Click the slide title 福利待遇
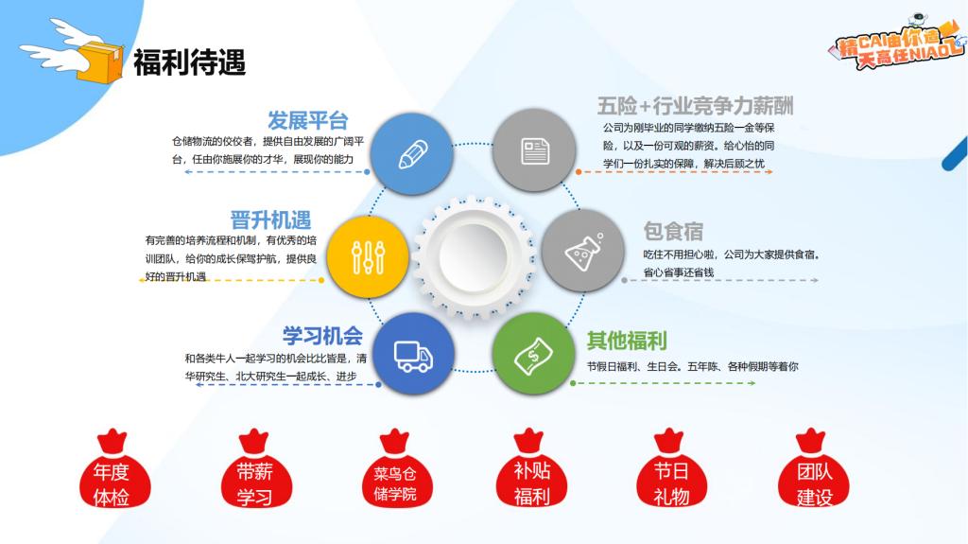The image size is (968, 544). pyautogui.click(x=189, y=62)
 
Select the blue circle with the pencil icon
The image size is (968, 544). pyautogui.click(x=412, y=153)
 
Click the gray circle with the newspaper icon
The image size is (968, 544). pyautogui.click(x=535, y=150)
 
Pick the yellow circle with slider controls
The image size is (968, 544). pyautogui.click(x=368, y=257)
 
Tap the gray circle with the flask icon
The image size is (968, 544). pyautogui.click(x=582, y=251)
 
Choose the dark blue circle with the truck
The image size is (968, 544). pyautogui.click(x=413, y=354)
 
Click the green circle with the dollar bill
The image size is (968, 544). pyautogui.click(x=534, y=354)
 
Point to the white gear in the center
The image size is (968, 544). pyautogui.click(x=474, y=256)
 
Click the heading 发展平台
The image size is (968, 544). pyautogui.click(x=307, y=120)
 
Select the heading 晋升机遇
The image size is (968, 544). pyautogui.click(x=270, y=220)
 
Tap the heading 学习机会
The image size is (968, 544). pyautogui.click(x=322, y=336)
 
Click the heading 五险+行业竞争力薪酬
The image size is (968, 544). pyautogui.click(x=695, y=106)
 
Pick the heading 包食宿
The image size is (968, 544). pyautogui.click(x=673, y=231)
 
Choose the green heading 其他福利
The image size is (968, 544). pyautogui.click(x=627, y=340)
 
